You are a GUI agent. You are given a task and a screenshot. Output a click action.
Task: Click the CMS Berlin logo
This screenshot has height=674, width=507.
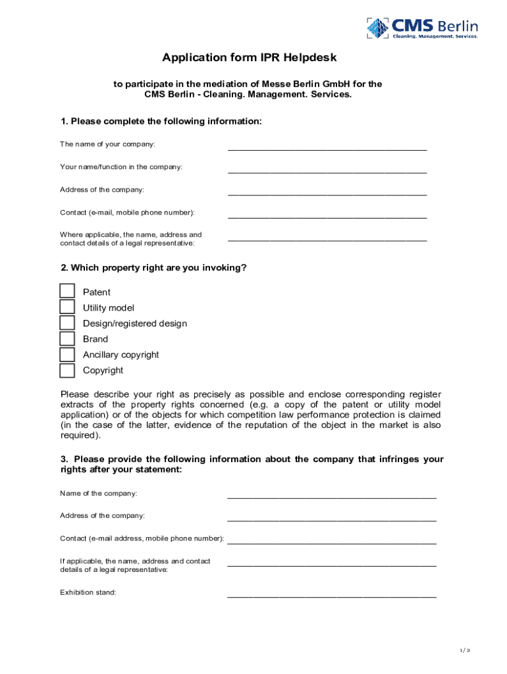coord(422,28)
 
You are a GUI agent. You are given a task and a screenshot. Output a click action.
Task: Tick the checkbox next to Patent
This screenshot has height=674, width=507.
coord(67,292)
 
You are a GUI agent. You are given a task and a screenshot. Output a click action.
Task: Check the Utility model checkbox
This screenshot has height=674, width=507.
coord(67,307)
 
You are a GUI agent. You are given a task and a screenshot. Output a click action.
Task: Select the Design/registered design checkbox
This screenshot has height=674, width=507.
coord(67,323)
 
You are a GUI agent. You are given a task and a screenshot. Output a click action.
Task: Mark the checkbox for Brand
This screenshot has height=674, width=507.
coord(67,339)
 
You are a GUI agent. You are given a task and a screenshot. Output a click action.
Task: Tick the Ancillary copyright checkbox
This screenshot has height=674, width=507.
coord(67,355)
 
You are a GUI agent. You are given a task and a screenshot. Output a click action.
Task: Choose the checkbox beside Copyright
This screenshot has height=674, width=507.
coord(67,371)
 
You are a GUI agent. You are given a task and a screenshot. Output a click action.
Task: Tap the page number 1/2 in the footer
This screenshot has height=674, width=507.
coord(466,650)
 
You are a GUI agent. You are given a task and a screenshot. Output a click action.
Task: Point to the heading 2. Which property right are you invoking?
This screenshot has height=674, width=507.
coord(153,268)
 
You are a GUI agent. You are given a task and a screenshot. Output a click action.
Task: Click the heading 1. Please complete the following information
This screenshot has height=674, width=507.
coord(161,122)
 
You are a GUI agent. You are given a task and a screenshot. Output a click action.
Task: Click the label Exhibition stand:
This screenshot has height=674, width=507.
coord(88,592)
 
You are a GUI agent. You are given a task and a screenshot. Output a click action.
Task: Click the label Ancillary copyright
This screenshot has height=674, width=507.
coord(120,355)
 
